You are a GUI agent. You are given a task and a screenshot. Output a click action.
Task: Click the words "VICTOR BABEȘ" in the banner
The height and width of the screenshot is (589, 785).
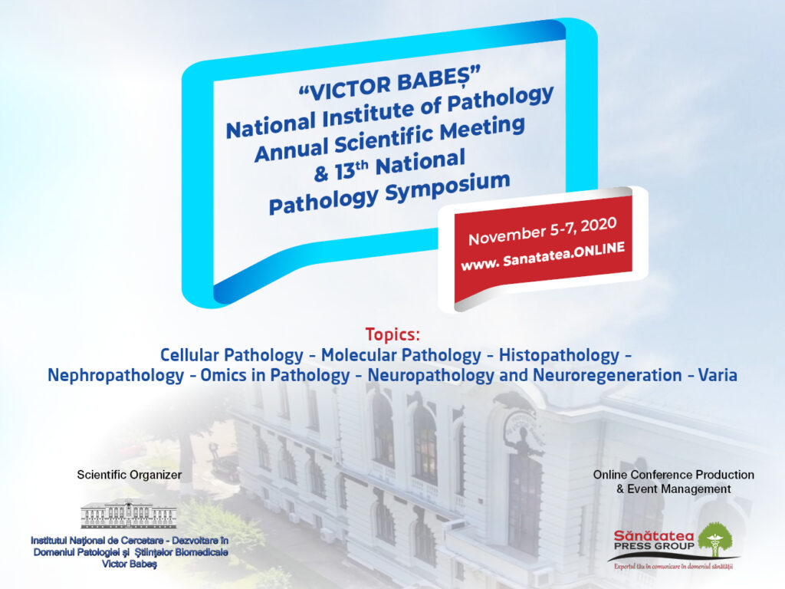389,84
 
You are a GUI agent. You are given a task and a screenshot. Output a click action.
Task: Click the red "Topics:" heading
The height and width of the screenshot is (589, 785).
392,334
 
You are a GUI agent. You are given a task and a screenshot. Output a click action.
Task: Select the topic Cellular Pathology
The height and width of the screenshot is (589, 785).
232,355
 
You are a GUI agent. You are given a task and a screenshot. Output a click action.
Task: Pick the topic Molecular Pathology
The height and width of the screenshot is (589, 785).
401,355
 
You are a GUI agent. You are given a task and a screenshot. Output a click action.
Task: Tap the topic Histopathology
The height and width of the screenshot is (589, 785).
559,355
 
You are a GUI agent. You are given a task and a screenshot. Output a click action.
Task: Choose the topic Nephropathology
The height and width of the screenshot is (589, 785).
116,375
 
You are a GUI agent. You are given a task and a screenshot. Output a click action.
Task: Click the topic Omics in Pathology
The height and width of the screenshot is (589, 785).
275,375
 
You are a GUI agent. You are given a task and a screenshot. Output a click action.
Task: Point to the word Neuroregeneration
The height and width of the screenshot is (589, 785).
607,375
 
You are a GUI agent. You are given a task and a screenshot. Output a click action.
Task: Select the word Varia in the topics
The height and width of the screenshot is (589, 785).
718,375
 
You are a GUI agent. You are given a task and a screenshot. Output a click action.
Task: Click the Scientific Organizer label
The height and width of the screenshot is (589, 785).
129,475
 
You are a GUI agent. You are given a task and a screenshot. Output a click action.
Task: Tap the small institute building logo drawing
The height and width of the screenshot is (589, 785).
129,514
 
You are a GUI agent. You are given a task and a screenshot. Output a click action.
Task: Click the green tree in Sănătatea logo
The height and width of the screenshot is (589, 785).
715,540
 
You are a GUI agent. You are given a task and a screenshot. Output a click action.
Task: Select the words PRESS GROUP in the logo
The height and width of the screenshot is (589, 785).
654,546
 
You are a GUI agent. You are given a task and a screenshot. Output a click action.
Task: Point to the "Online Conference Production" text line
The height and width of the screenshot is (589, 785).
673,475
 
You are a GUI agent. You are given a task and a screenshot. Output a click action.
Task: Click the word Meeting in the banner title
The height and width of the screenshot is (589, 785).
483,129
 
